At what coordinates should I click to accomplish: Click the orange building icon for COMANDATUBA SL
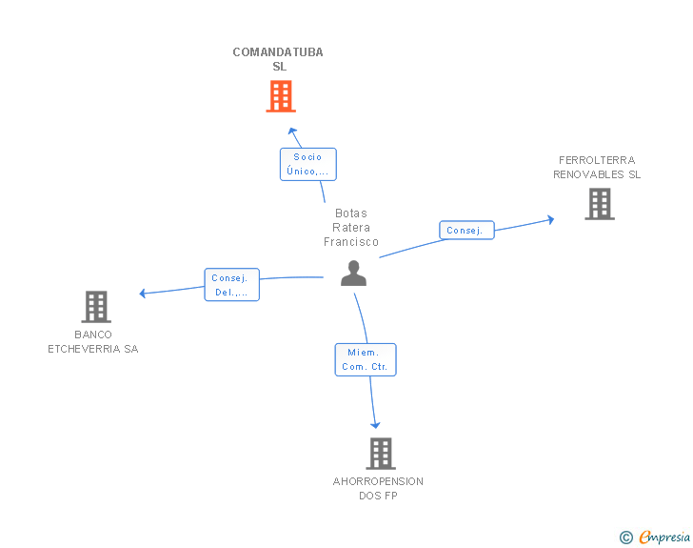pos(281,96)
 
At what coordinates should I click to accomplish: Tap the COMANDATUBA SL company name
pos(278,59)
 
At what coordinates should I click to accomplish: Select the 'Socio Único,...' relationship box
pos(308,164)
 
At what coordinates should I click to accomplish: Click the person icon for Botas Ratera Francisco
pos(353,274)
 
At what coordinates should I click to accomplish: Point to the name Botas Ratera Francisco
pos(351,228)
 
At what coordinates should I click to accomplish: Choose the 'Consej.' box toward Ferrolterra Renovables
pos(466,231)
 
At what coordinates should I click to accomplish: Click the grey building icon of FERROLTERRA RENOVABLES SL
pos(600,204)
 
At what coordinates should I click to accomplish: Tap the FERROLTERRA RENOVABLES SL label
pos(597,168)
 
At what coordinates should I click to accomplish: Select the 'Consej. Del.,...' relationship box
pos(231,285)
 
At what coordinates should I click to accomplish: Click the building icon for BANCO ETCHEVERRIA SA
pos(96,307)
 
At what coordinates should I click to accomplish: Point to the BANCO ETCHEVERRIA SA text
pos(93,342)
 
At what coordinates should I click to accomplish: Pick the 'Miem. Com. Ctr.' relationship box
pos(366,359)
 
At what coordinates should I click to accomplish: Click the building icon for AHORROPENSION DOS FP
pos(381,454)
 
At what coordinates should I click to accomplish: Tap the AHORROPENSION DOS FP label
pos(378,488)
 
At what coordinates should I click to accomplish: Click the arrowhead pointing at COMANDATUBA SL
pos(292,131)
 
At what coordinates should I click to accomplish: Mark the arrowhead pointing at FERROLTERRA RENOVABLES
pos(550,219)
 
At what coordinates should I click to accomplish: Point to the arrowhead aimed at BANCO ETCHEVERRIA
pos(143,293)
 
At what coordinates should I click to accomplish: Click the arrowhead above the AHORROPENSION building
pos(375,425)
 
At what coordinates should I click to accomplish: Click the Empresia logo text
pos(664,538)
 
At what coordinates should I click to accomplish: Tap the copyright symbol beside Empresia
pos(626,538)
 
